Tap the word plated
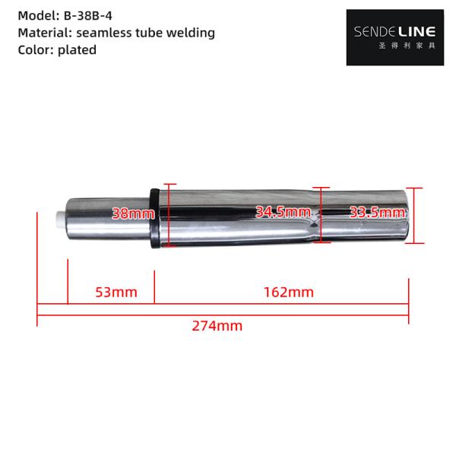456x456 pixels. click(x=78, y=50)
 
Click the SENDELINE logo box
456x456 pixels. click(x=395, y=37)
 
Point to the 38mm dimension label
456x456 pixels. click(x=133, y=214)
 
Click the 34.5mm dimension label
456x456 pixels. click(x=283, y=212)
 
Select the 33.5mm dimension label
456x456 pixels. click(x=376, y=214)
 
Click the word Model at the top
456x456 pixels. click(x=36, y=15)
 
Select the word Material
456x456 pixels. click(x=44, y=33)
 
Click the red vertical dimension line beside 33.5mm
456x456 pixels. click(x=413, y=216)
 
